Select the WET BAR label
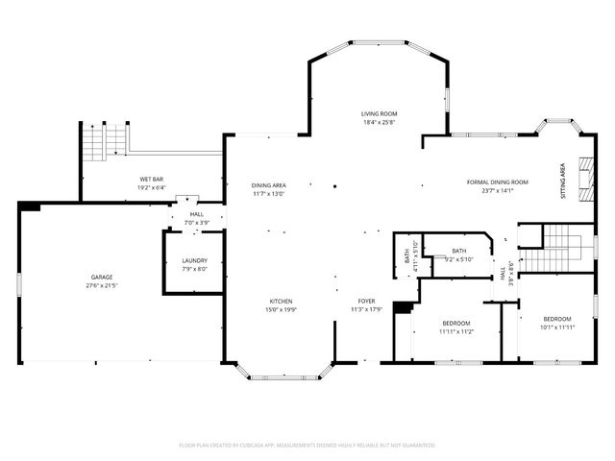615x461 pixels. point(152,180)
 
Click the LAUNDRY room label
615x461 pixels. point(195,260)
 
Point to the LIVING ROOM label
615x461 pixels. point(380,113)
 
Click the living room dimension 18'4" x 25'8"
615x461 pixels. point(380,123)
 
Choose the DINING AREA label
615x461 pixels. point(268,184)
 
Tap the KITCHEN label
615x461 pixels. point(281,301)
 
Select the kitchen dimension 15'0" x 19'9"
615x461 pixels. point(281,310)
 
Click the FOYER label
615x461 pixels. point(366,301)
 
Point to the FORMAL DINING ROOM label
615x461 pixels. point(498,182)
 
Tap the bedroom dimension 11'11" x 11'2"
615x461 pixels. point(456,331)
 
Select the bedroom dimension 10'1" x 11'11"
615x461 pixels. point(556,328)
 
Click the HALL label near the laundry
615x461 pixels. point(196,214)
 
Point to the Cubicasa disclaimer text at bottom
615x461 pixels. point(307,446)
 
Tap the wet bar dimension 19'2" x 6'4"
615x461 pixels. point(152,188)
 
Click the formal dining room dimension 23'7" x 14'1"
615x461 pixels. point(498,190)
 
